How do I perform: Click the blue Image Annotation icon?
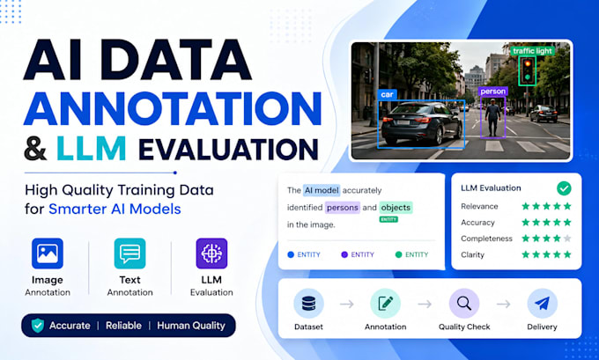click(x=48, y=253)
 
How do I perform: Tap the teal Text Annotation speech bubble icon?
click(x=129, y=253)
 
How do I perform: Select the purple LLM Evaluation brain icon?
click(x=211, y=253)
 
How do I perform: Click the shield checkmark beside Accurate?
click(x=37, y=326)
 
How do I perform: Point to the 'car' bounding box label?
click(x=387, y=94)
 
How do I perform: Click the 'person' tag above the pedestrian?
click(x=492, y=92)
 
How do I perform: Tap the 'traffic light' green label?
click(x=532, y=51)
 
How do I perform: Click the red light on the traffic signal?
click(x=528, y=63)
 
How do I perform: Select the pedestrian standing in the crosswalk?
click(x=492, y=117)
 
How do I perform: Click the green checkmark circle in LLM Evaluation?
click(x=564, y=188)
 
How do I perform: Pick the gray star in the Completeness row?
click(x=567, y=239)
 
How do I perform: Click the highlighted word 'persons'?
click(x=343, y=208)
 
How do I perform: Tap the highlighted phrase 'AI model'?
click(x=322, y=190)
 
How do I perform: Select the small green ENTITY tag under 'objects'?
click(x=388, y=219)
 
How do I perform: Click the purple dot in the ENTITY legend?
click(x=344, y=254)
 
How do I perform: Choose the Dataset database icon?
click(x=308, y=304)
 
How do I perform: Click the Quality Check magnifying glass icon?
click(x=464, y=304)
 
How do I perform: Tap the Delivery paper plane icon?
click(x=542, y=304)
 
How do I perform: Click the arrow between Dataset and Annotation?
click(x=347, y=305)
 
